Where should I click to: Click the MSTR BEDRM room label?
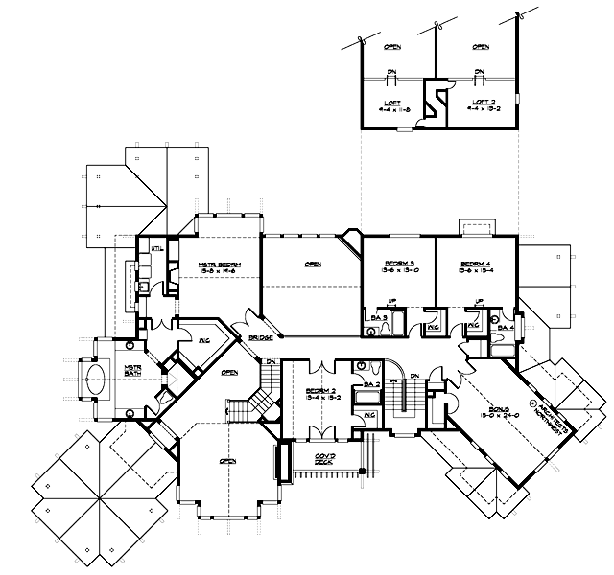tap(218, 264)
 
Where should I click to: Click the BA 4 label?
tap(507, 328)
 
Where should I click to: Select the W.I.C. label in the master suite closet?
tap(203, 338)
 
